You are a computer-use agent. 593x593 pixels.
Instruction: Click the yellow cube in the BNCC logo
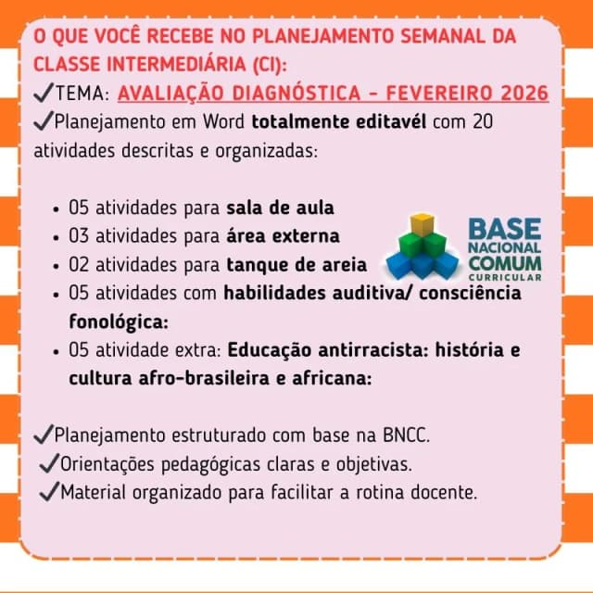pos(422,224)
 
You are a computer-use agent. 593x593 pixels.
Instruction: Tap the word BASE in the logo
pos(504,229)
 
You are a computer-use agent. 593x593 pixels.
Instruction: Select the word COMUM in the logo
pos(505,263)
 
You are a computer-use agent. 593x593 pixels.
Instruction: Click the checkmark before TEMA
pos(44,93)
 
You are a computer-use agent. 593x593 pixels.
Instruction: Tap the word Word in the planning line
pos(223,121)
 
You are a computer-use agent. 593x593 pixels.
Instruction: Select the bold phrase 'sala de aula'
pos(280,208)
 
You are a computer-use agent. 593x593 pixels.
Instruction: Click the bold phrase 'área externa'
pos(283,236)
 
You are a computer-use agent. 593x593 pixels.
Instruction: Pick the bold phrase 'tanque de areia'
pos(296,265)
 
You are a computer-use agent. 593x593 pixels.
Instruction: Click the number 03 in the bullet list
pos(79,236)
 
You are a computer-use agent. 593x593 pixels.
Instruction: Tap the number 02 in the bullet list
pos(79,265)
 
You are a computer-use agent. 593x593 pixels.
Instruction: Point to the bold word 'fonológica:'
pos(119,322)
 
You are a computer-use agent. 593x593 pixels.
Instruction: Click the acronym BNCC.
pos(406,435)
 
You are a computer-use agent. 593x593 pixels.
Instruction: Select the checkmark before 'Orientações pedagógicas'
pos(49,463)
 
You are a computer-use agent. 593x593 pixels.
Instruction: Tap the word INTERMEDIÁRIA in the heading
pos(177,64)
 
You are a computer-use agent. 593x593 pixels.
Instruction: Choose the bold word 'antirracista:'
pos(372,350)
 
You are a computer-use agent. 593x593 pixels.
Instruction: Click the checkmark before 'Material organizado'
pos(49,491)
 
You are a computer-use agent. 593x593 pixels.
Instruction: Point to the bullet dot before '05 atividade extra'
pos(57,352)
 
